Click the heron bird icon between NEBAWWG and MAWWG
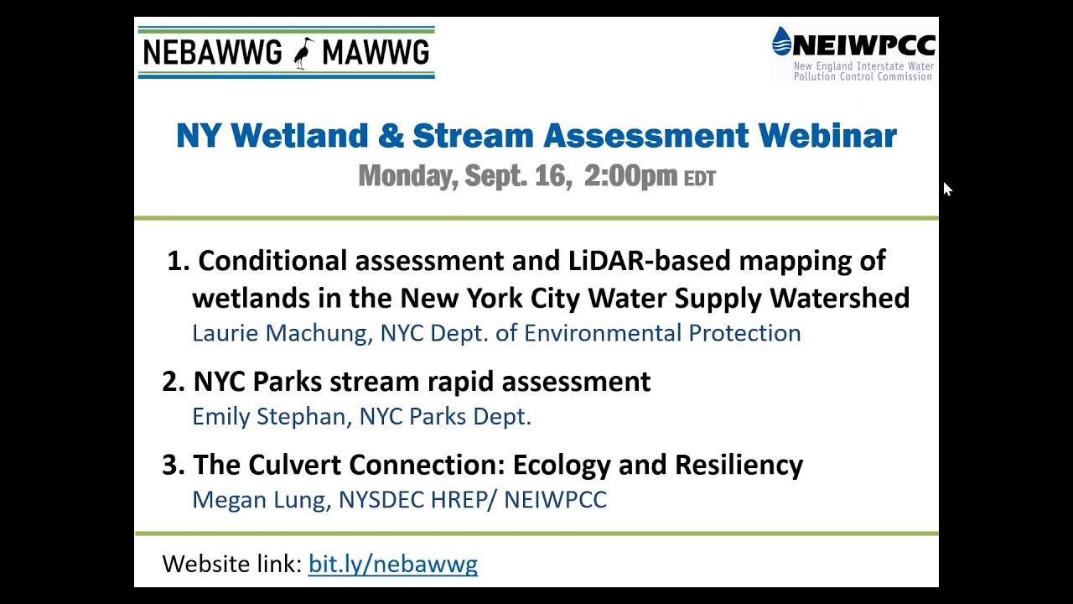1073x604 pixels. pos(303,53)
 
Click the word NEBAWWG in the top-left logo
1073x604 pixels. pos(212,53)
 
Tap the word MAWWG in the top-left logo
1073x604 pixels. pos(375,53)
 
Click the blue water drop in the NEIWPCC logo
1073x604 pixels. pos(781,41)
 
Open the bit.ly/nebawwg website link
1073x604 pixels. pos(392,564)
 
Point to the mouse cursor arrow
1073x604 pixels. pos(946,189)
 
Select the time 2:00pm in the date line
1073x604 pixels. pos(630,175)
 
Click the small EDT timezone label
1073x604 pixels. pos(700,179)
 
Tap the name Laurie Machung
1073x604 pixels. pos(281,333)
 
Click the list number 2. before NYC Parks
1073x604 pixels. pos(173,381)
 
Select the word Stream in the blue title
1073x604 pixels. pos(473,135)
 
